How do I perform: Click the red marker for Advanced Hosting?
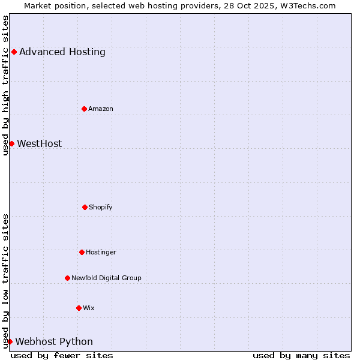[14, 52]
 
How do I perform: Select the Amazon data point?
[84, 109]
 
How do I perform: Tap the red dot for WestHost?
[11, 143]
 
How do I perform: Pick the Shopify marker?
[85, 207]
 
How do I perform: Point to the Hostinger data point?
[82, 252]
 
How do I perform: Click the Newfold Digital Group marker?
[67, 278]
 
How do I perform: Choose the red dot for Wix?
[79, 308]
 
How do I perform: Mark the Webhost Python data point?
[10, 341]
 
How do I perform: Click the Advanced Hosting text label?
[62, 52]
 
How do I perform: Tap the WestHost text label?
[40, 143]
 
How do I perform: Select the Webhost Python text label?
[54, 341]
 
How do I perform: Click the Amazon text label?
[101, 109]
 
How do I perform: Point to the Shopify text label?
[101, 207]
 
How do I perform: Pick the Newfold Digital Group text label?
[106, 278]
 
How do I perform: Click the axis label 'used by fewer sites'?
[62, 355]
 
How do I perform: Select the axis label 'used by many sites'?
[301, 355]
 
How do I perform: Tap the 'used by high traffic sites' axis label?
[5, 85]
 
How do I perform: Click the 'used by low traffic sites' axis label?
[5, 280]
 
